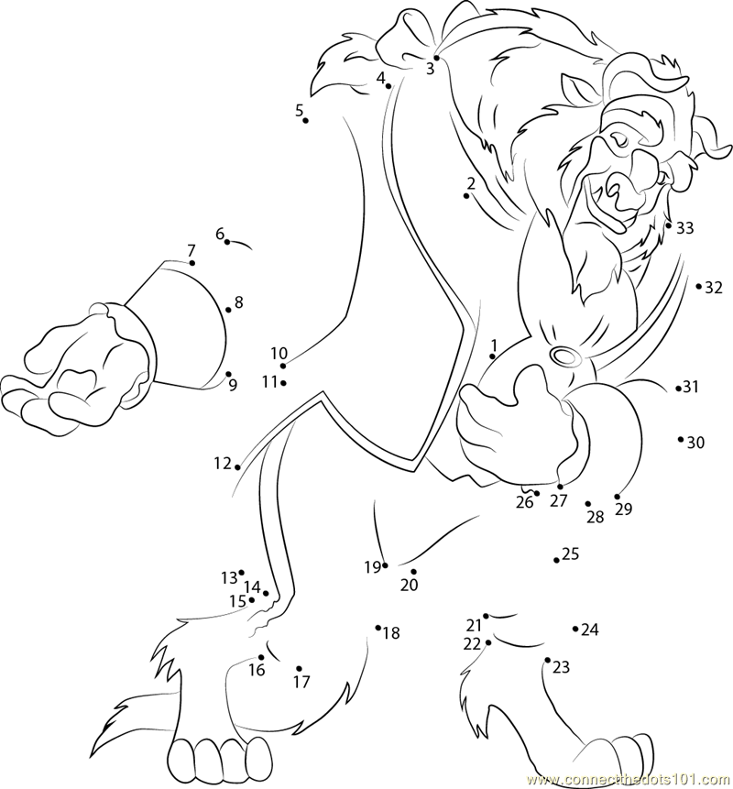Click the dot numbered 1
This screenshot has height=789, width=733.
tap(492, 356)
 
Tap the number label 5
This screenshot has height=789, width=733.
tap(300, 110)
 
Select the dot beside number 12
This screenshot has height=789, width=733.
tap(237, 467)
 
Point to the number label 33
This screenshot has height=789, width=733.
tap(684, 228)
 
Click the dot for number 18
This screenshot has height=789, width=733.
tap(377, 628)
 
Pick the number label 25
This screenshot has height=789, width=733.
tap(571, 554)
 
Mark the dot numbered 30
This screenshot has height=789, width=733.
tap(680, 439)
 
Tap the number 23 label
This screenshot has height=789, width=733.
tap(561, 667)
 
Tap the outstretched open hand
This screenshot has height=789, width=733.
tap(75, 372)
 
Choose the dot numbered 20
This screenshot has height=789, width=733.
tap(413, 572)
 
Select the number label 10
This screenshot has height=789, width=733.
tap(279, 354)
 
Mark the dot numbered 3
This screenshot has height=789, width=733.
tap(437, 58)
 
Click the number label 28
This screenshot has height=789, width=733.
tap(596, 517)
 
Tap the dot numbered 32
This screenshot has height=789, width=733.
tap(698, 286)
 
